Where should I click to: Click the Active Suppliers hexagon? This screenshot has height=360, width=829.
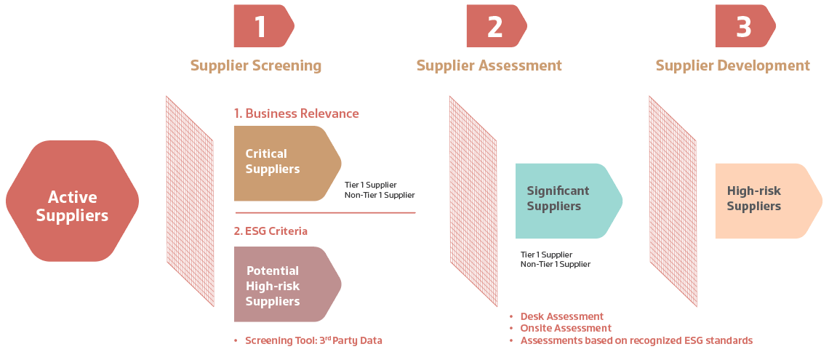(72, 206)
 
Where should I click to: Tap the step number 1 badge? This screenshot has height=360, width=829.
(263, 27)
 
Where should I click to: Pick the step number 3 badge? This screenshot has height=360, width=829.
(744, 27)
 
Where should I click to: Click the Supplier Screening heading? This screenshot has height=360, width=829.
(255, 65)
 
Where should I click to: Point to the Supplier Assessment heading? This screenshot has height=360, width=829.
(489, 65)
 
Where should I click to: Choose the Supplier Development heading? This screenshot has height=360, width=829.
(732, 65)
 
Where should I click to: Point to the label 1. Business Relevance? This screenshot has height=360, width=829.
(296, 113)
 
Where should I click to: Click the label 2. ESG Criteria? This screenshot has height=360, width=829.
(271, 231)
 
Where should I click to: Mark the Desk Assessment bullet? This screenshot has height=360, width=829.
(561, 316)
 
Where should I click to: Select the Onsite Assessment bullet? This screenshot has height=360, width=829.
(566, 328)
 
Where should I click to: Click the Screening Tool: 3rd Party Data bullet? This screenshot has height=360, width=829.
(313, 340)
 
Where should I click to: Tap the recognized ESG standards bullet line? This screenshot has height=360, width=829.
(636, 340)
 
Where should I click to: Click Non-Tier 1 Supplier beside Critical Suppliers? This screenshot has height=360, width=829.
(380, 195)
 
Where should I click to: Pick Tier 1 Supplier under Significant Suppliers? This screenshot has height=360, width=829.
(546, 255)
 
